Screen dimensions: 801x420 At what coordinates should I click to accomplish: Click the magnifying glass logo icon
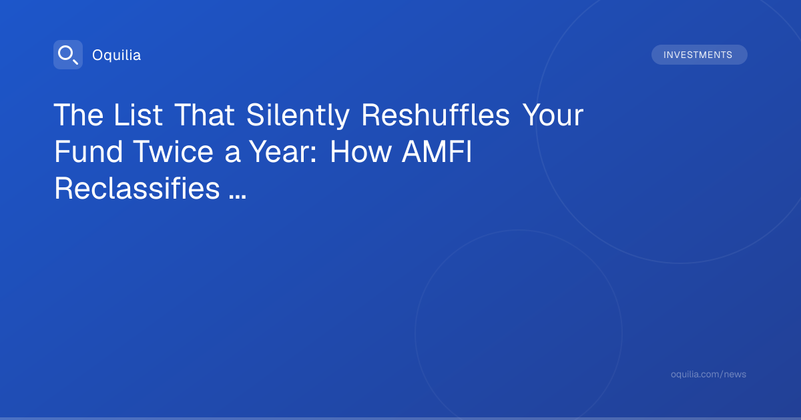[68, 55]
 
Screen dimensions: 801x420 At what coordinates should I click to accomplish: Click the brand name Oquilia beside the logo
[117, 55]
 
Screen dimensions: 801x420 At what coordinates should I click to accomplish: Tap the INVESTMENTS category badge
[699, 55]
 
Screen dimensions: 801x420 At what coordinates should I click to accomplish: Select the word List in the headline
[138, 115]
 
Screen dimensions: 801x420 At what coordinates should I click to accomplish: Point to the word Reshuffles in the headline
[435, 115]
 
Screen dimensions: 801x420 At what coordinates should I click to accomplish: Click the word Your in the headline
[553, 115]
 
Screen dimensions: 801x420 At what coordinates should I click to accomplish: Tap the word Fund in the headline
[88, 152]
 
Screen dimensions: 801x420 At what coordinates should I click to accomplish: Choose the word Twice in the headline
[174, 152]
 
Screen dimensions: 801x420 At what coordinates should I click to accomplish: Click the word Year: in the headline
[283, 152]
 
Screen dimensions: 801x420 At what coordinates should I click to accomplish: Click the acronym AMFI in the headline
[437, 152]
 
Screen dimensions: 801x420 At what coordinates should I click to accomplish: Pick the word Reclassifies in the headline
[137, 188]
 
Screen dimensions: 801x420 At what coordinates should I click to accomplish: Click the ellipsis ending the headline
[238, 196]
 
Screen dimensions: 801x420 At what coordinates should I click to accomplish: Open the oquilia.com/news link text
[708, 374]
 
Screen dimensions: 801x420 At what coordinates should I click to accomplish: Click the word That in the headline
[204, 115]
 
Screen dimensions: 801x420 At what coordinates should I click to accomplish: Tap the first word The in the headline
[79, 115]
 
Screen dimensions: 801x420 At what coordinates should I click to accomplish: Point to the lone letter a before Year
[232, 155]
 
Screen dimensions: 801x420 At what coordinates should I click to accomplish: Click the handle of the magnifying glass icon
[75, 61]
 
